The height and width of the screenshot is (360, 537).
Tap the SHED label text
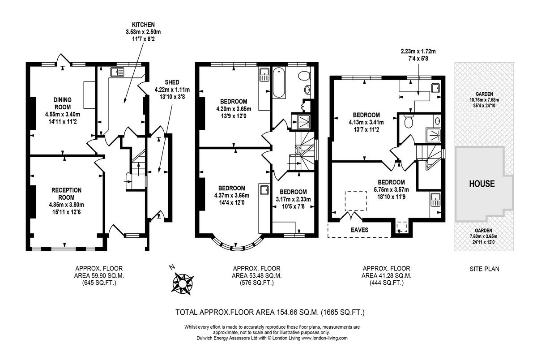[172, 82]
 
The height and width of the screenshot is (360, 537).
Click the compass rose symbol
[183, 283]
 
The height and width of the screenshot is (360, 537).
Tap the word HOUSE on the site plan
[482, 184]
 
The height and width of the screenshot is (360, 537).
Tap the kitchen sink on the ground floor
[117, 72]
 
